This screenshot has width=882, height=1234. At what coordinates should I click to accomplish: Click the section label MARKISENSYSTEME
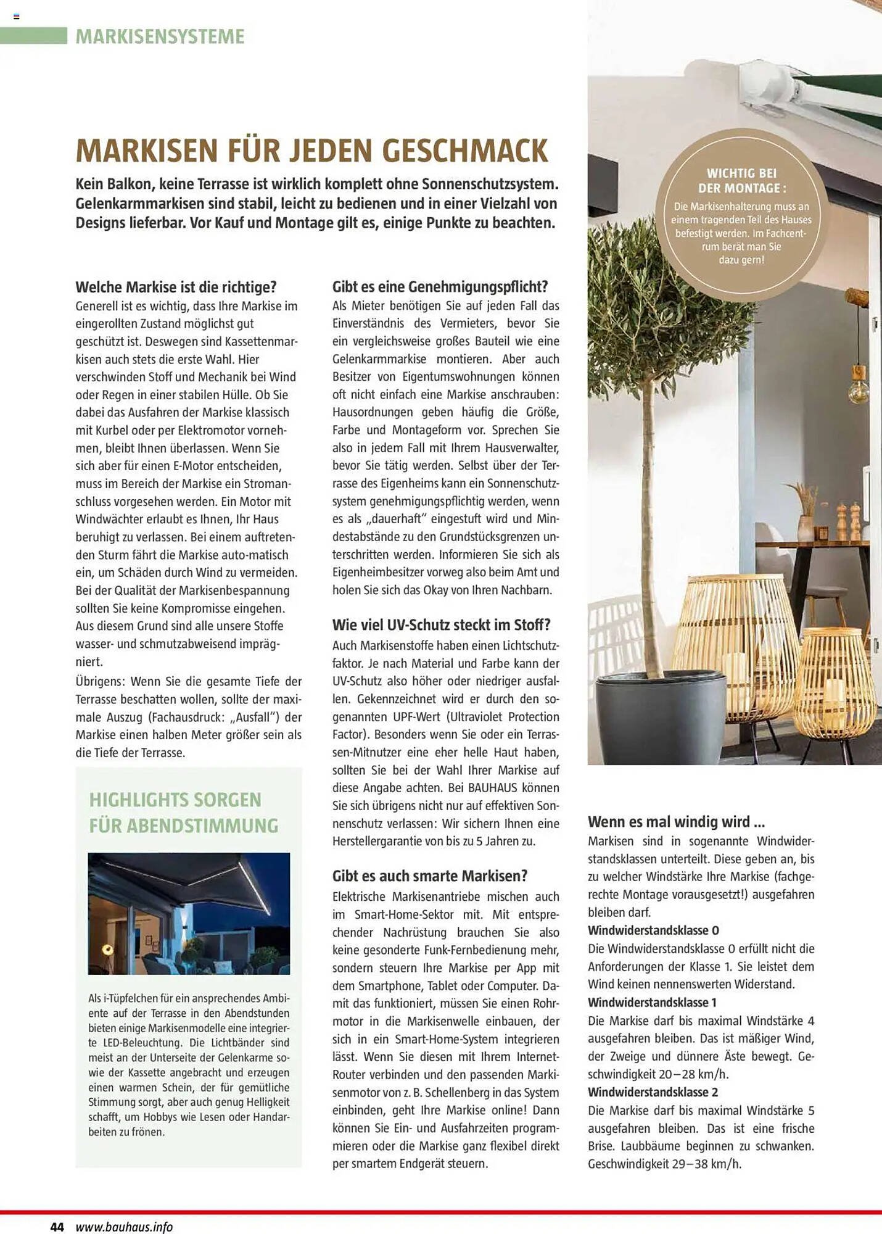(160, 36)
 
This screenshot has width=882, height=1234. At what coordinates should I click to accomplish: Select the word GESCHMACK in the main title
(465, 151)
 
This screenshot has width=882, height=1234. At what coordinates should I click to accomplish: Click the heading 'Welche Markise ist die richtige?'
(176, 287)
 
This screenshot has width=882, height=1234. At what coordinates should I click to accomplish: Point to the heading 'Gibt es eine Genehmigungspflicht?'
(440, 286)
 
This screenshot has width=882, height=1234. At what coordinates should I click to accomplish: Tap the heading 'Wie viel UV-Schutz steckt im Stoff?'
(441, 625)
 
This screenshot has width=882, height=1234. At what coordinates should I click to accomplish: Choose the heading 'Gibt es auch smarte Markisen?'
(430, 876)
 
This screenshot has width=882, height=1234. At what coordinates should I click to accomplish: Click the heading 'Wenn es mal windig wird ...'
(676, 822)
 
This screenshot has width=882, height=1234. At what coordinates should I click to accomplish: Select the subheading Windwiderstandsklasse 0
(653, 930)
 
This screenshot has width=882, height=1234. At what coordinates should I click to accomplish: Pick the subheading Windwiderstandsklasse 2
(653, 1092)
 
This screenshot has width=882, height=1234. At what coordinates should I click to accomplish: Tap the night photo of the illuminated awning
(189, 913)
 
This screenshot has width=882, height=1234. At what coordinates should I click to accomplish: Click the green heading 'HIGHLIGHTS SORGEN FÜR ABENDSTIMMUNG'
(184, 813)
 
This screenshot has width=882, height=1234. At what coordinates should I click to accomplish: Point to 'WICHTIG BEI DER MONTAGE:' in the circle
(741, 181)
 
